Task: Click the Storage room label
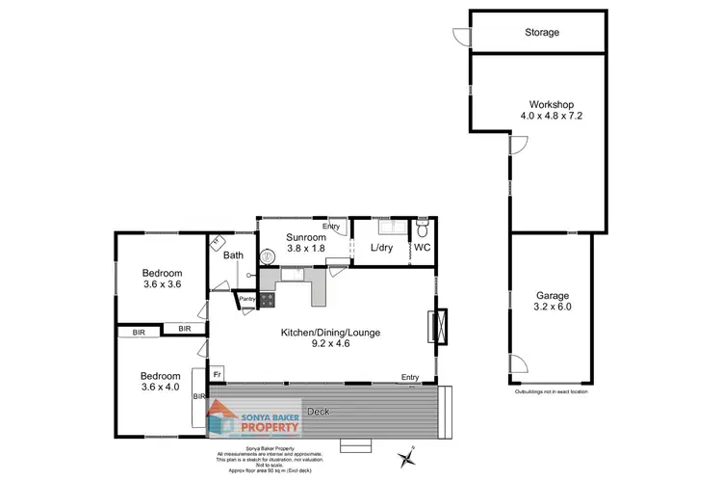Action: tap(542, 33)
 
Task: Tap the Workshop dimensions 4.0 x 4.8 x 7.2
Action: tap(552, 116)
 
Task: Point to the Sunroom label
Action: tap(305, 236)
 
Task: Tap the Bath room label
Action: tap(233, 255)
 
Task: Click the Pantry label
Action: tap(246, 299)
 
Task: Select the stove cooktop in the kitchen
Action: tap(266, 300)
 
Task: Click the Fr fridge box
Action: tap(218, 373)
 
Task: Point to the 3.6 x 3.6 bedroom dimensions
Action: tap(162, 285)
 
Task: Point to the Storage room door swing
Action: tap(462, 36)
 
